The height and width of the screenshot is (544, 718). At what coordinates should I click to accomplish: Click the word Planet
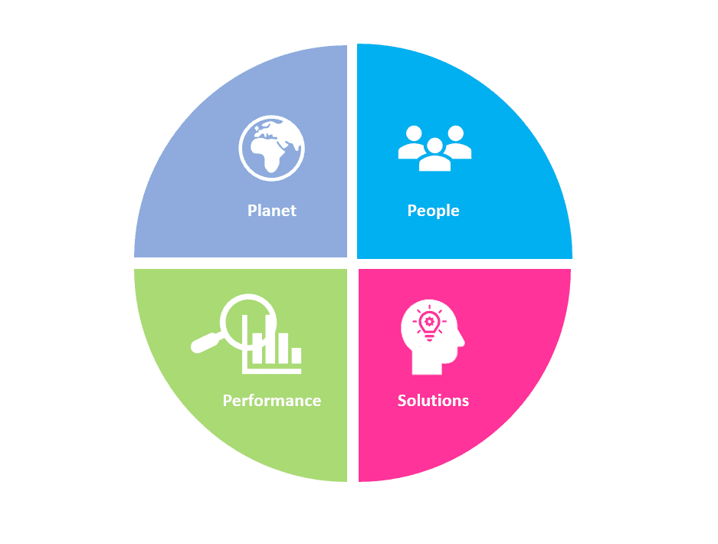point(271,211)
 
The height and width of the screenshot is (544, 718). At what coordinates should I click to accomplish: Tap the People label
point(433,211)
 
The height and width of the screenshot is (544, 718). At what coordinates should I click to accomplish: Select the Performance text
point(271,401)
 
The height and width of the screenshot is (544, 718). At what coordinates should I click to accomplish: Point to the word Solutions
point(433,401)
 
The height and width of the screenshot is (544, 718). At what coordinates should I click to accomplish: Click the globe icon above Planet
point(271,147)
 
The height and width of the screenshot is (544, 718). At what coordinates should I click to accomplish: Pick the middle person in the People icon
point(434,156)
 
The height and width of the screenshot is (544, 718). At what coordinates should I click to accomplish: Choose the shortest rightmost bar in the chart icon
point(295,356)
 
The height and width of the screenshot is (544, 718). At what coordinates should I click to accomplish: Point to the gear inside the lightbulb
point(428,321)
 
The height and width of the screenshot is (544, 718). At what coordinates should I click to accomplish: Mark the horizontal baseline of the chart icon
point(273,370)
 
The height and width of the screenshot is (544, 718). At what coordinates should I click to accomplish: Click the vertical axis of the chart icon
point(244,345)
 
